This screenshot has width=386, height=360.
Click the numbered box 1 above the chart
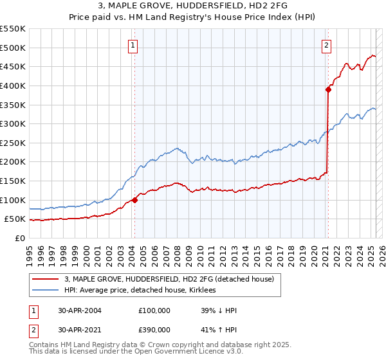(x=133, y=45)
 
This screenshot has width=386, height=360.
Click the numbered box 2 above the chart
(x=327, y=45)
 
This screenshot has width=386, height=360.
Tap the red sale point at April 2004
(x=135, y=200)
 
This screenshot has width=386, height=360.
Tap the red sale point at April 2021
(x=328, y=90)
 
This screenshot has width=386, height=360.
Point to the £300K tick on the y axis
(x=14, y=123)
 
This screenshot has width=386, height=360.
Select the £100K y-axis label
(x=14, y=200)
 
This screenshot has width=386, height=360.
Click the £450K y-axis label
(x=14, y=66)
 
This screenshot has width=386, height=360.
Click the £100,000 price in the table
(x=154, y=310)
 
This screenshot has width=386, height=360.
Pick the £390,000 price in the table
(x=154, y=329)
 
